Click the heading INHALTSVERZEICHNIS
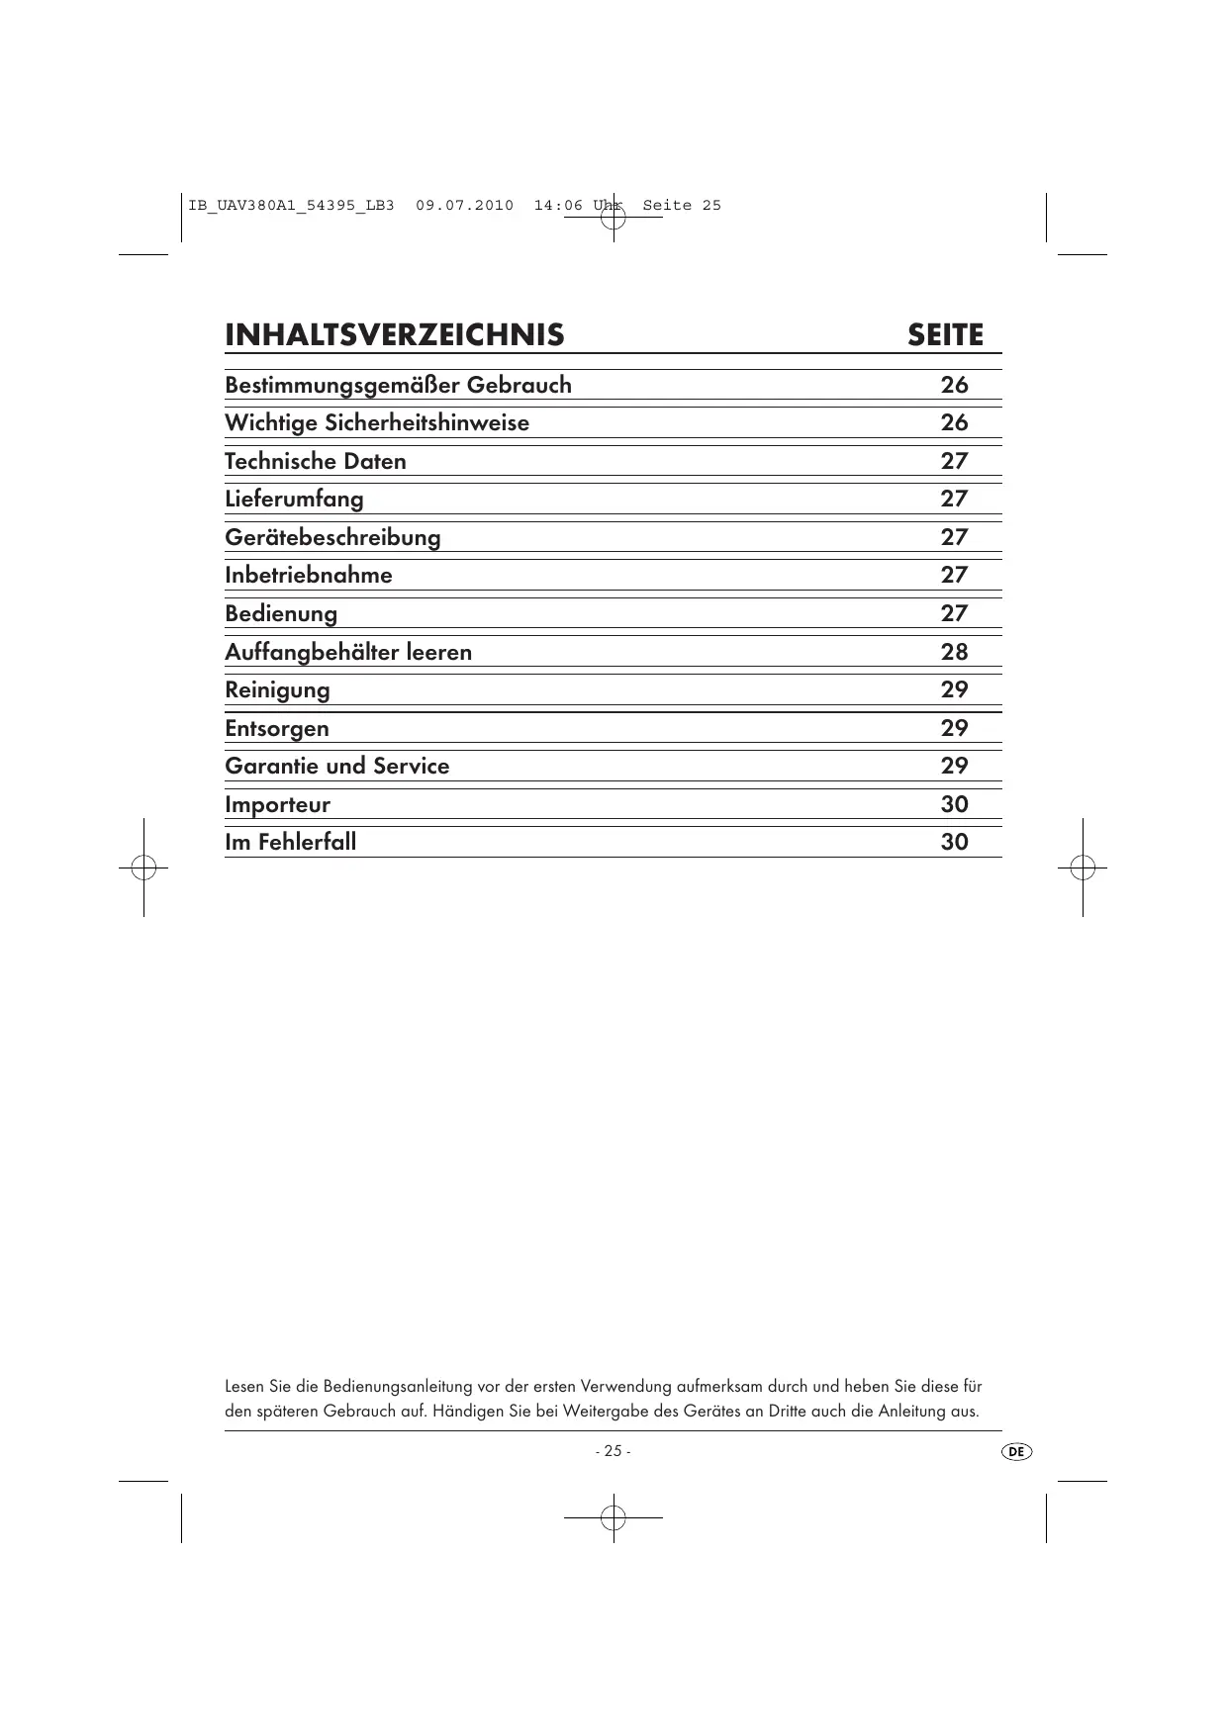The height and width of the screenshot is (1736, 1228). [x=394, y=335]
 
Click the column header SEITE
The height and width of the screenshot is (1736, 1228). [x=945, y=335]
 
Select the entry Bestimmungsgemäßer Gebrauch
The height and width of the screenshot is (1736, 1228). [x=398, y=385]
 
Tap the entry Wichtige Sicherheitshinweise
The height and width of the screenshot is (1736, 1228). [x=376, y=423]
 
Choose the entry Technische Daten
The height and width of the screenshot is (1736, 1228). [x=315, y=461]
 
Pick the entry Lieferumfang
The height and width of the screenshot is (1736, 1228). [x=294, y=499]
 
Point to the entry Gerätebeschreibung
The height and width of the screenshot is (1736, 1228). [x=332, y=537]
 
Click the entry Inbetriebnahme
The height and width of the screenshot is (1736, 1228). [x=308, y=575]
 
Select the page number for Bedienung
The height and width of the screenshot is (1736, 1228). [x=954, y=613]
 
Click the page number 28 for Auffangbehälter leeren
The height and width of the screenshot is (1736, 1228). [x=954, y=652]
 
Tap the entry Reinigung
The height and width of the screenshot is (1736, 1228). [x=277, y=689]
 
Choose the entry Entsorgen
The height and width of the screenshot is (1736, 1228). [x=277, y=728]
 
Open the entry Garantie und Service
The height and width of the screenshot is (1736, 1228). [x=336, y=766]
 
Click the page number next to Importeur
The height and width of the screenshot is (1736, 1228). [x=954, y=804]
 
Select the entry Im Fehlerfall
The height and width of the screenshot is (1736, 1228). [x=290, y=842]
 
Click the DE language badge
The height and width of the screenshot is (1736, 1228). [x=1016, y=1451]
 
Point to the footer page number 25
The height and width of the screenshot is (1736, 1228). [x=613, y=1451]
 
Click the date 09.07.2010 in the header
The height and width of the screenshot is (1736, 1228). [x=464, y=206]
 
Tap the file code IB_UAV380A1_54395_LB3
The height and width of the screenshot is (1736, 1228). [x=291, y=206]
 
